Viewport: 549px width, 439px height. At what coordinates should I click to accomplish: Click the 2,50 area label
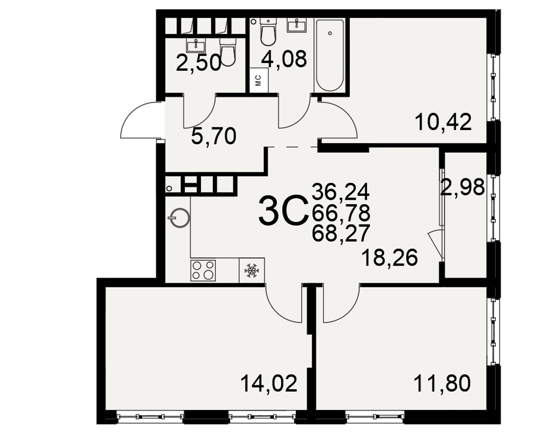coord(199,63)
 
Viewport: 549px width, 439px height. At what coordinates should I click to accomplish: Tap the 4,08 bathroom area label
coord(284,59)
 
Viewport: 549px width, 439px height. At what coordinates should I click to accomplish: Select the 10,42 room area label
coord(443,122)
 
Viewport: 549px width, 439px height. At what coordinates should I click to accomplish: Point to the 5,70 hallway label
coord(214,136)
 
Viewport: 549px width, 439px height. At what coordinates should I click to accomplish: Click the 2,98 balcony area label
coord(462,187)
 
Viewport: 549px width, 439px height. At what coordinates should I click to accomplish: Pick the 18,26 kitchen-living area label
coord(390,258)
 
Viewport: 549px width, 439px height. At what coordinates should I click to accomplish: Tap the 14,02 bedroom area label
coord(268,384)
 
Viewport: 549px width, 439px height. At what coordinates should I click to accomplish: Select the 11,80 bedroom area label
coord(442,384)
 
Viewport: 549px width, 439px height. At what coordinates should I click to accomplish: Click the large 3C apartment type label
coord(282,210)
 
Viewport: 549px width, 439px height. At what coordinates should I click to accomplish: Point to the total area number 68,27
coord(341,233)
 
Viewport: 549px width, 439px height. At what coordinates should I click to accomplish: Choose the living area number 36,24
coord(341,192)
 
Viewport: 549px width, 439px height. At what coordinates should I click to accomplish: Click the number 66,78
coord(341,212)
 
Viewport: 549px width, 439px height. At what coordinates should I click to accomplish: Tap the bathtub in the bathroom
coord(329,55)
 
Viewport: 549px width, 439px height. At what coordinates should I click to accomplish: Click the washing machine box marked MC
coord(259,80)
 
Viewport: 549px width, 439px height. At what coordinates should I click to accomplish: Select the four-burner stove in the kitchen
coord(203,270)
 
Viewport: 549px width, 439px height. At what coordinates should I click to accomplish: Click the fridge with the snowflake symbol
coord(251,271)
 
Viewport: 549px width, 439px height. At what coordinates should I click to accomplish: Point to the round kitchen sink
coord(179,218)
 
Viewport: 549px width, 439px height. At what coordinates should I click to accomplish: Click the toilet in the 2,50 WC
coord(228,52)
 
